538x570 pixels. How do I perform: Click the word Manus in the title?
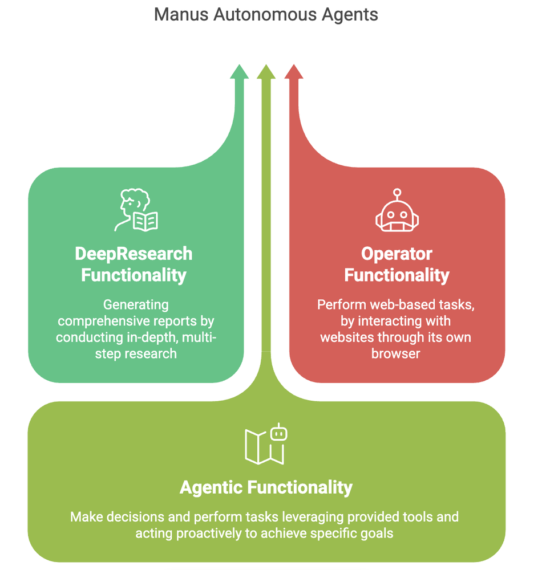181,14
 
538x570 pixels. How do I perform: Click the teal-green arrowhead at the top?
239,72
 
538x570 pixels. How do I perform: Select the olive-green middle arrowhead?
265,72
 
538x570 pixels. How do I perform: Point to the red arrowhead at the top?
293,72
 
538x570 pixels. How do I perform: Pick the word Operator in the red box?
397,254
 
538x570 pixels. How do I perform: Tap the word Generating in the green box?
136,305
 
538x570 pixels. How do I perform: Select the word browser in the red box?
396,353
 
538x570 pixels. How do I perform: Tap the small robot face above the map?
278,433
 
